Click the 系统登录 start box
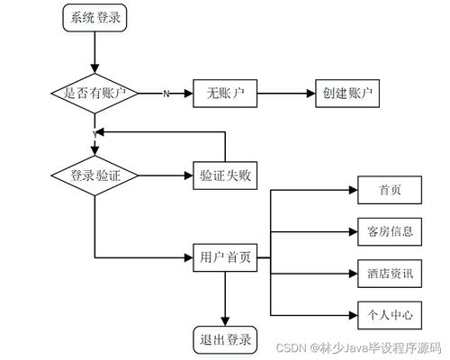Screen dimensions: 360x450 tap(94, 17)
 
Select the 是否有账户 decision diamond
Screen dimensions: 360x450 tap(94, 94)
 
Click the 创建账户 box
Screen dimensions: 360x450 tap(346, 94)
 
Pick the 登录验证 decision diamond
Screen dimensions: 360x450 tap(94, 175)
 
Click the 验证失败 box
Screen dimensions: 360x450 tap(225, 175)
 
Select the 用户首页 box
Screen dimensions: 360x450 tap(225, 258)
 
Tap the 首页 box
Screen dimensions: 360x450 tap(390, 190)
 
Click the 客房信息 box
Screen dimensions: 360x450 tap(390, 231)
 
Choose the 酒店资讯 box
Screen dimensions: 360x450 tap(390, 273)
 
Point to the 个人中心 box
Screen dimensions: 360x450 tap(390, 314)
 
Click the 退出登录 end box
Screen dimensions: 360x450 tap(225, 339)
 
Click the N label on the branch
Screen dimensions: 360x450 tap(166, 94)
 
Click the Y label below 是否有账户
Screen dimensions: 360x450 tap(94, 133)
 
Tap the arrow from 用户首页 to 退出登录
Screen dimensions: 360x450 tap(225, 297)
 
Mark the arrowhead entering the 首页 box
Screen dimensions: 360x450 tap(353, 190)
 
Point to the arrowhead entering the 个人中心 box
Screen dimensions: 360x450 tap(353, 314)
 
